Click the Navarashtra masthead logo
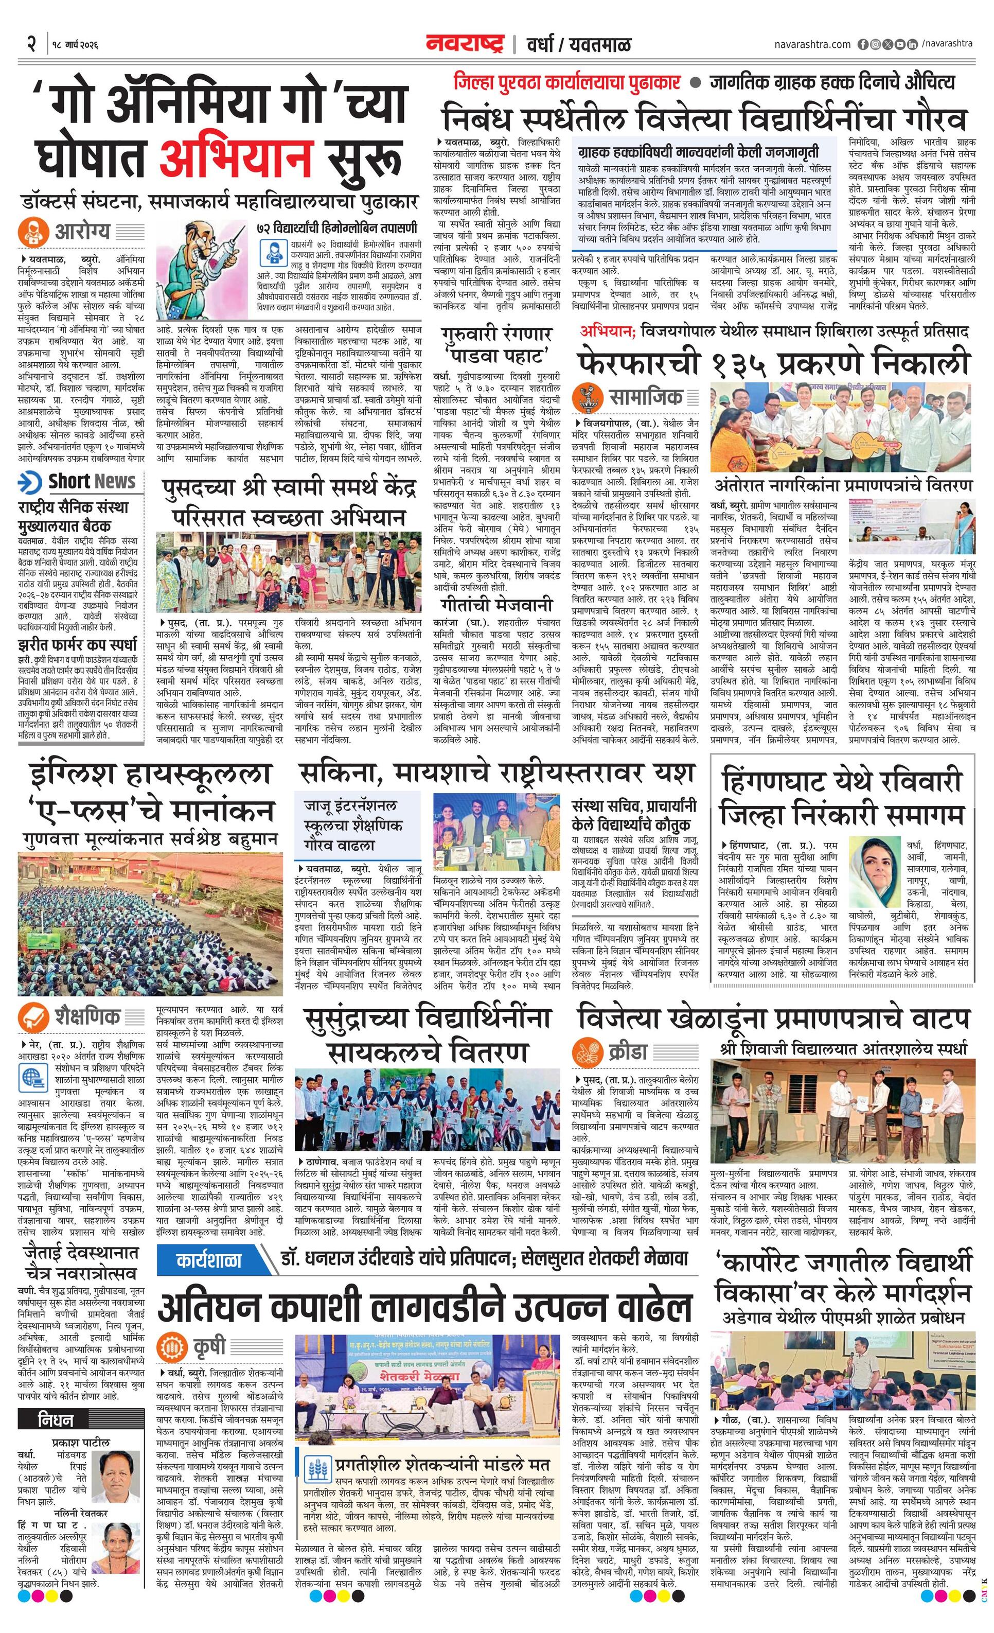tap(465, 44)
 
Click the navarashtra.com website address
tap(812, 44)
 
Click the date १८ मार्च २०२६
tap(74, 45)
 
